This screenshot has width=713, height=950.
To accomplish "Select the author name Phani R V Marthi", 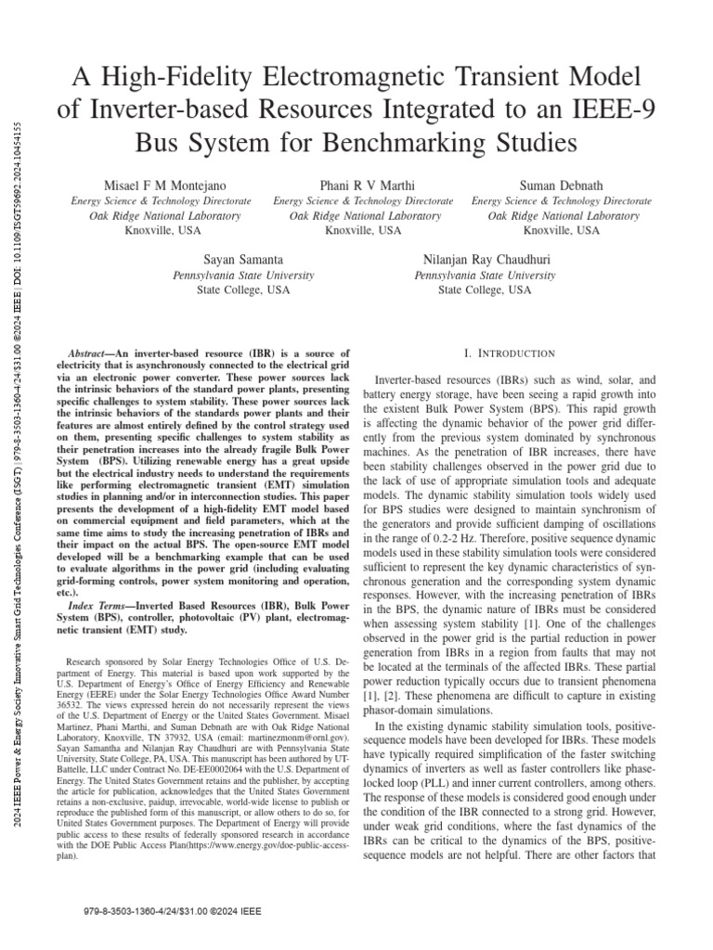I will click(x=363, y=186).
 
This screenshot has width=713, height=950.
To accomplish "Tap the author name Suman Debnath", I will click(x=561, y=186).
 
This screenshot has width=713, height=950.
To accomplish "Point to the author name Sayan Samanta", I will click(x=243, y=260).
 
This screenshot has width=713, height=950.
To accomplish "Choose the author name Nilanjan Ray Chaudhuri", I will click(x=485, y=260).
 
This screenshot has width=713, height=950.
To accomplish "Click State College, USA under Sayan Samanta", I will click(x=243, y=289).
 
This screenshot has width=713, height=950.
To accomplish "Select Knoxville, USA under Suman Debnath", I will click(x=561, y=230).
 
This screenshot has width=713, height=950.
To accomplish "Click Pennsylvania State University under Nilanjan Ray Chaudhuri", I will click(x=485, y=275).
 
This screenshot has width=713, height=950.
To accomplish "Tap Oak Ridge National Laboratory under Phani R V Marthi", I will click(x=363, y=215).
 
